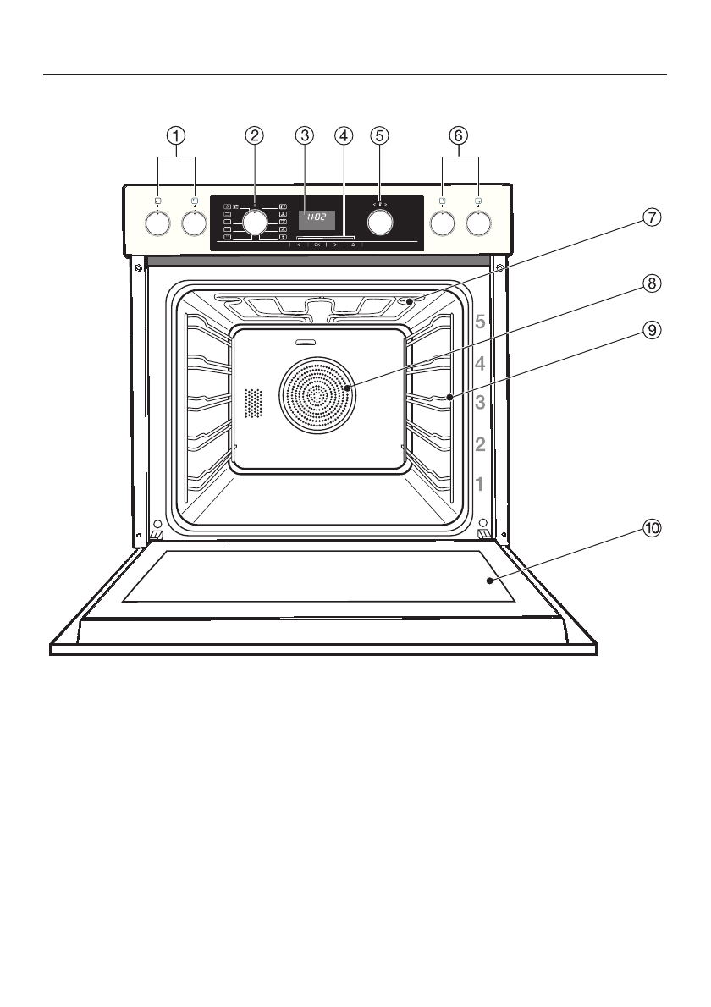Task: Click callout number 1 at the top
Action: [176, 135]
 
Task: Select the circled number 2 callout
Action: [254, 135]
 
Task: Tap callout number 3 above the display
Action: [305, 135]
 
